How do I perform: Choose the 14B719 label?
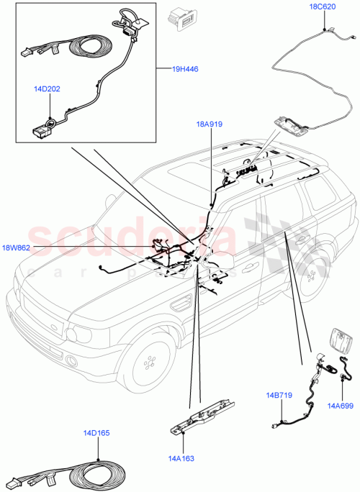278,395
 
